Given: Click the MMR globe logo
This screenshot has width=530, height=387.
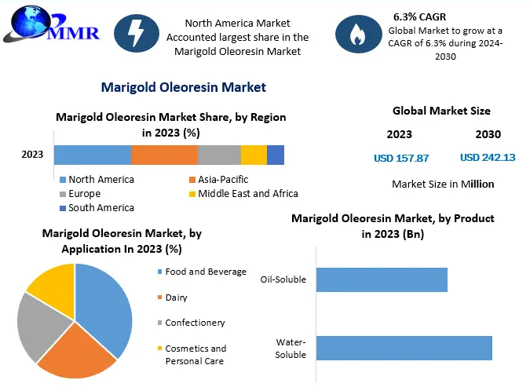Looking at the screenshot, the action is (51, 24).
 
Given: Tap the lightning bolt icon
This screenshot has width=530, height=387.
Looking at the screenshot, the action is (137, 33).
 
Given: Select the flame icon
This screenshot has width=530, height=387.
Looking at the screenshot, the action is (358, 34).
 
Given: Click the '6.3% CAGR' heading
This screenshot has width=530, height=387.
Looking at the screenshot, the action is (419, 16).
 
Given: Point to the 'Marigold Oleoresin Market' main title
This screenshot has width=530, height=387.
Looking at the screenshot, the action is (184, 87).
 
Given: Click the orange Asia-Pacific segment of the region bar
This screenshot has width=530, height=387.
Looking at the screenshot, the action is (164, 155).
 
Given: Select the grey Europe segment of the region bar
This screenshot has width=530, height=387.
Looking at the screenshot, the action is (219, 155).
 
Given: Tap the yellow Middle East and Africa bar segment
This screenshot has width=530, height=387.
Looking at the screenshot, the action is (254, 155).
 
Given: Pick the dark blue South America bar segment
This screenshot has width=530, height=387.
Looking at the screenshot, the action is (276, 155).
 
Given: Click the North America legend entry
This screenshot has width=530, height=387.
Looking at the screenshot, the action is (97, 180).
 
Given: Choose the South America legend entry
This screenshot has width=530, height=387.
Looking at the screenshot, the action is (97, 208).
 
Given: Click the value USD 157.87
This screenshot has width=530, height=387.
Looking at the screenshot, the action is (401, 159).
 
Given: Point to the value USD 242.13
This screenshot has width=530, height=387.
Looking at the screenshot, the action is (488, 158).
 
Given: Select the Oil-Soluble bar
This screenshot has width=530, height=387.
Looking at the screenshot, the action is (382, 279).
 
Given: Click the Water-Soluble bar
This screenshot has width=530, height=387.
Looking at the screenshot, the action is (404, 348).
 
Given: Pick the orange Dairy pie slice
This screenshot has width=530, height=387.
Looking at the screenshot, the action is (78, 352).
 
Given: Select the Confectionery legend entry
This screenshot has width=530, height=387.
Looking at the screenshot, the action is (192, 323).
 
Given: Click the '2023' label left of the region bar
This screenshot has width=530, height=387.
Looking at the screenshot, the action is (32, 155).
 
